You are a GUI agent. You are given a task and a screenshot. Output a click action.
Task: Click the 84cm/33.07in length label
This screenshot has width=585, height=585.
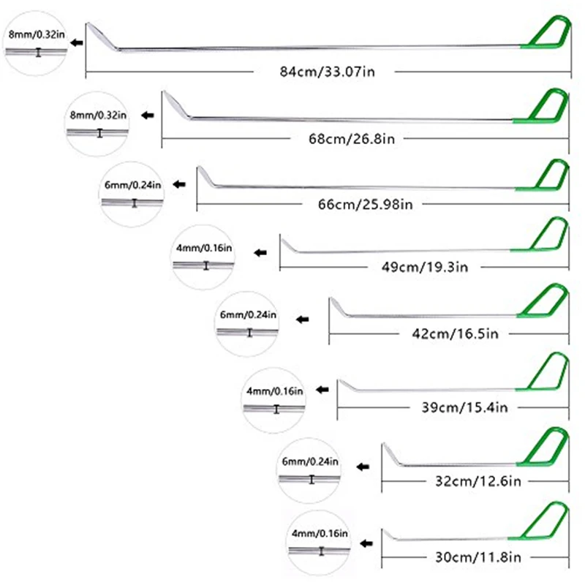327,71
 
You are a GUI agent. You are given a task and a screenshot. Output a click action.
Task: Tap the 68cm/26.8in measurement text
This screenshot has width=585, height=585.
353,137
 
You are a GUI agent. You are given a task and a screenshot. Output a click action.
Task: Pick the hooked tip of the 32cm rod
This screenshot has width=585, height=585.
389,453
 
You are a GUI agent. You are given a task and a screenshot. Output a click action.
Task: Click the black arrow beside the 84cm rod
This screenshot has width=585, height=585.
77,43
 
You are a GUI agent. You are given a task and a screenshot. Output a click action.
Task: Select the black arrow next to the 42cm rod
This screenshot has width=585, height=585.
302,320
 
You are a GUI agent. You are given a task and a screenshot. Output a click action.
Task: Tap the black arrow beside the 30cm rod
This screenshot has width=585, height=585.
366,543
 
